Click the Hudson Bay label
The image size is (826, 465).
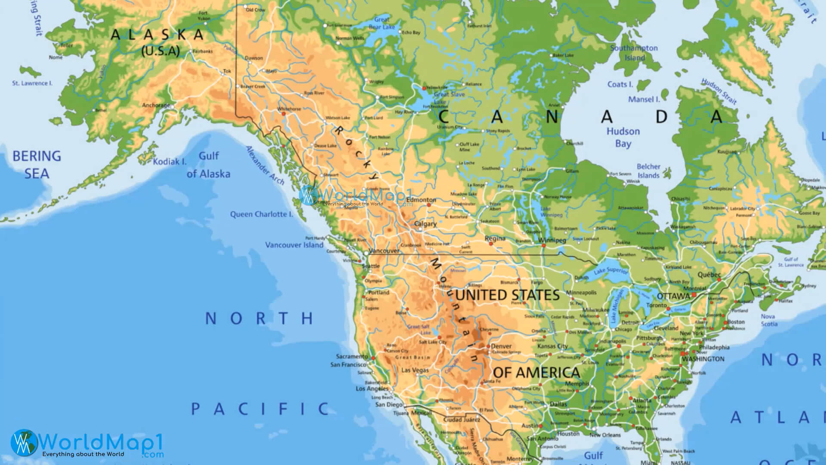[x=623, y=137]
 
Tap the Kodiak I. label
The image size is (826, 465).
[x=170, y=162]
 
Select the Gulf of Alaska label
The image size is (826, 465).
[x=208, y=165]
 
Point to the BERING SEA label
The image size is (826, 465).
[x=37, y=164]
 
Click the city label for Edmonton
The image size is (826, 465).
[x=421, y=200]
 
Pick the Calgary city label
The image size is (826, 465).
[x=425, y=224]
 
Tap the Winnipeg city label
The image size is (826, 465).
[x=552, y=240]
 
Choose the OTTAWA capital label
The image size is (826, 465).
[x=673, y=296]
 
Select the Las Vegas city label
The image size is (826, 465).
[x=415, y=370]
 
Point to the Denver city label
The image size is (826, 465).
[x=501, y=346]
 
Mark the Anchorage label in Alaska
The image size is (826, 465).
[x=156, y=105]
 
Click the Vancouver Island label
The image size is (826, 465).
[x=294, y=245]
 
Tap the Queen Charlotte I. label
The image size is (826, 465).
[x=261, y=214]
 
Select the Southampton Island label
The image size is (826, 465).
[x=634, y=53]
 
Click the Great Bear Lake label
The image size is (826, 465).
[x=382, y=23]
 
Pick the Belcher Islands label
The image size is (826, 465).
[x=648, y=171]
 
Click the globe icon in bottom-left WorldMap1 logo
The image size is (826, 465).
[x=24, y=442]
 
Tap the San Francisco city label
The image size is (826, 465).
[x=348, y=365]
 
